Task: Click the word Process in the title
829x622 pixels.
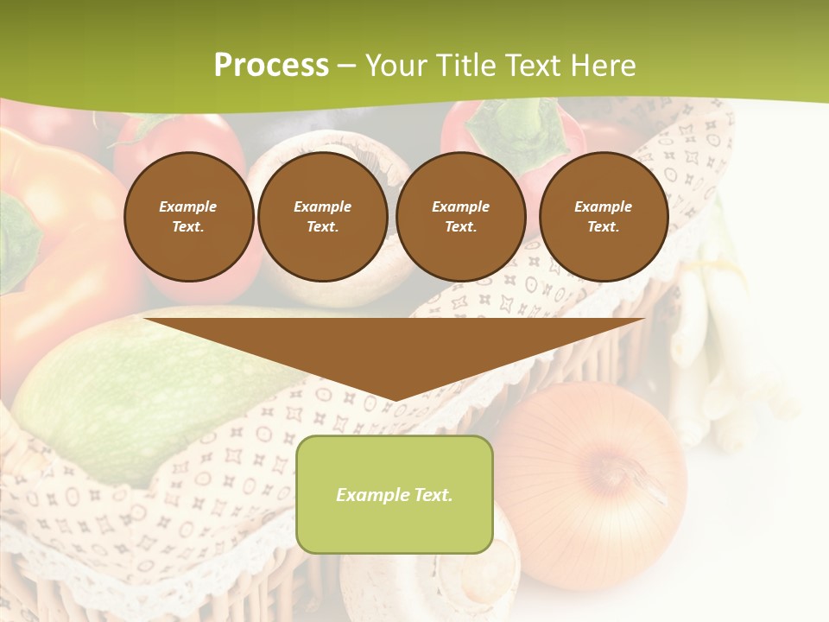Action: coord(271,66)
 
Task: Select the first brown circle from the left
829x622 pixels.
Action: coord(188,216)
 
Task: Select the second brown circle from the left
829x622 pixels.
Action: coord(323,216)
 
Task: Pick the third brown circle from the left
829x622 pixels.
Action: coord(460,216)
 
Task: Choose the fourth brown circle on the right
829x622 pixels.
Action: coord(603,216)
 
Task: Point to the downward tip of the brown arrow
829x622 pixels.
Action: coord(395,399)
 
